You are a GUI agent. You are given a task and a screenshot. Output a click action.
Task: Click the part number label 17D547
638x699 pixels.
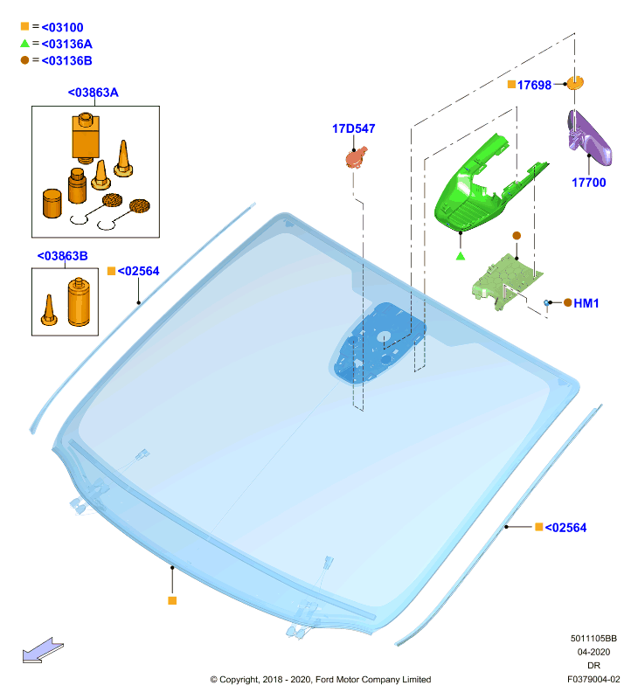[x=354, y=128]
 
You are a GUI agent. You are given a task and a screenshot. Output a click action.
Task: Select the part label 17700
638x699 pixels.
[x=588, y=183]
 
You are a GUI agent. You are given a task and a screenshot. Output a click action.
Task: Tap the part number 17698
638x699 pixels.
[x=534, y=85]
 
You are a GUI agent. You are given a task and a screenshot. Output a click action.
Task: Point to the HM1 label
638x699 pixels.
[x=586, y=303]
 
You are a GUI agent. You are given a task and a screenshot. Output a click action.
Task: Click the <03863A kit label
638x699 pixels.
[x=94, y=93]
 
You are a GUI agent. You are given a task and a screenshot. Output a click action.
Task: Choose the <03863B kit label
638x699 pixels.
[x=62, y=256]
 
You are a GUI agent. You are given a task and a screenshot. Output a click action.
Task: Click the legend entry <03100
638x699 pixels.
[x=62, y=27]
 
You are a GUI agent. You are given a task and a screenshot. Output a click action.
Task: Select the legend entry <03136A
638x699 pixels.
[x=67, y=44]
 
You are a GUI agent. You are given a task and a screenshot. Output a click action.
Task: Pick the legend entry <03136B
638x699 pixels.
[x=67, y=60]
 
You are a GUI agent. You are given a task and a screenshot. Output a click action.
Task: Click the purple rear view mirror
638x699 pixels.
[x=589, y=136]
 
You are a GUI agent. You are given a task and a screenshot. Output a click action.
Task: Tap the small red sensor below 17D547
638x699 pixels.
[x=357, y=157]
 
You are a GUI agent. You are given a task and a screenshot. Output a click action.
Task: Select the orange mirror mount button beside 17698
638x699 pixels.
[x=575, y=83]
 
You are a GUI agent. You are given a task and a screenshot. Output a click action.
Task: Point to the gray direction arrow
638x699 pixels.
[x=43, y=650]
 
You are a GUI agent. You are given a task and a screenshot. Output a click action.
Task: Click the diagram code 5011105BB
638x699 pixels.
[x=593, y=639]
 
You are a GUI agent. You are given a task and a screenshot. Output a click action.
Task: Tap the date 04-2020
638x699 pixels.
[x=593, y=652]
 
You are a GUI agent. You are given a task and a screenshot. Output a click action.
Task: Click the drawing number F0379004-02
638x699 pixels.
[x=593, y=680]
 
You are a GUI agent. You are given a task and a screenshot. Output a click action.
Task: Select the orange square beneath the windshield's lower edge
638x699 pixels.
[x=172, y=601]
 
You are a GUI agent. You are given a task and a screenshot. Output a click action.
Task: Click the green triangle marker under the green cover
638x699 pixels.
[x=461, y=256]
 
